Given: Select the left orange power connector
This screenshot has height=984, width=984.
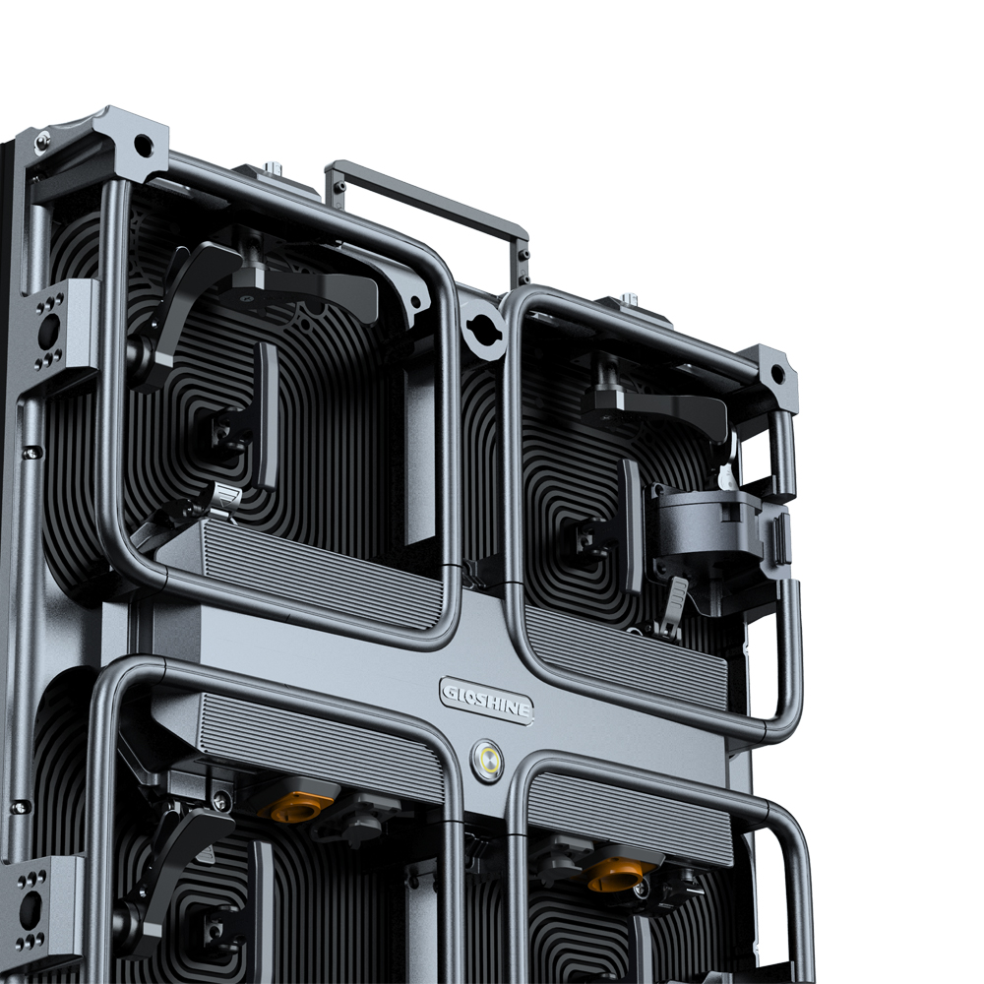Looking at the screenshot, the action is click(x=297, y=807).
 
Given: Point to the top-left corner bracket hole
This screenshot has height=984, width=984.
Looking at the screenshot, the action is click(x=143, y=146).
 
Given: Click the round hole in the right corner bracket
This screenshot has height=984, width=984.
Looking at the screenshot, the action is click(x=777, y=374).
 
